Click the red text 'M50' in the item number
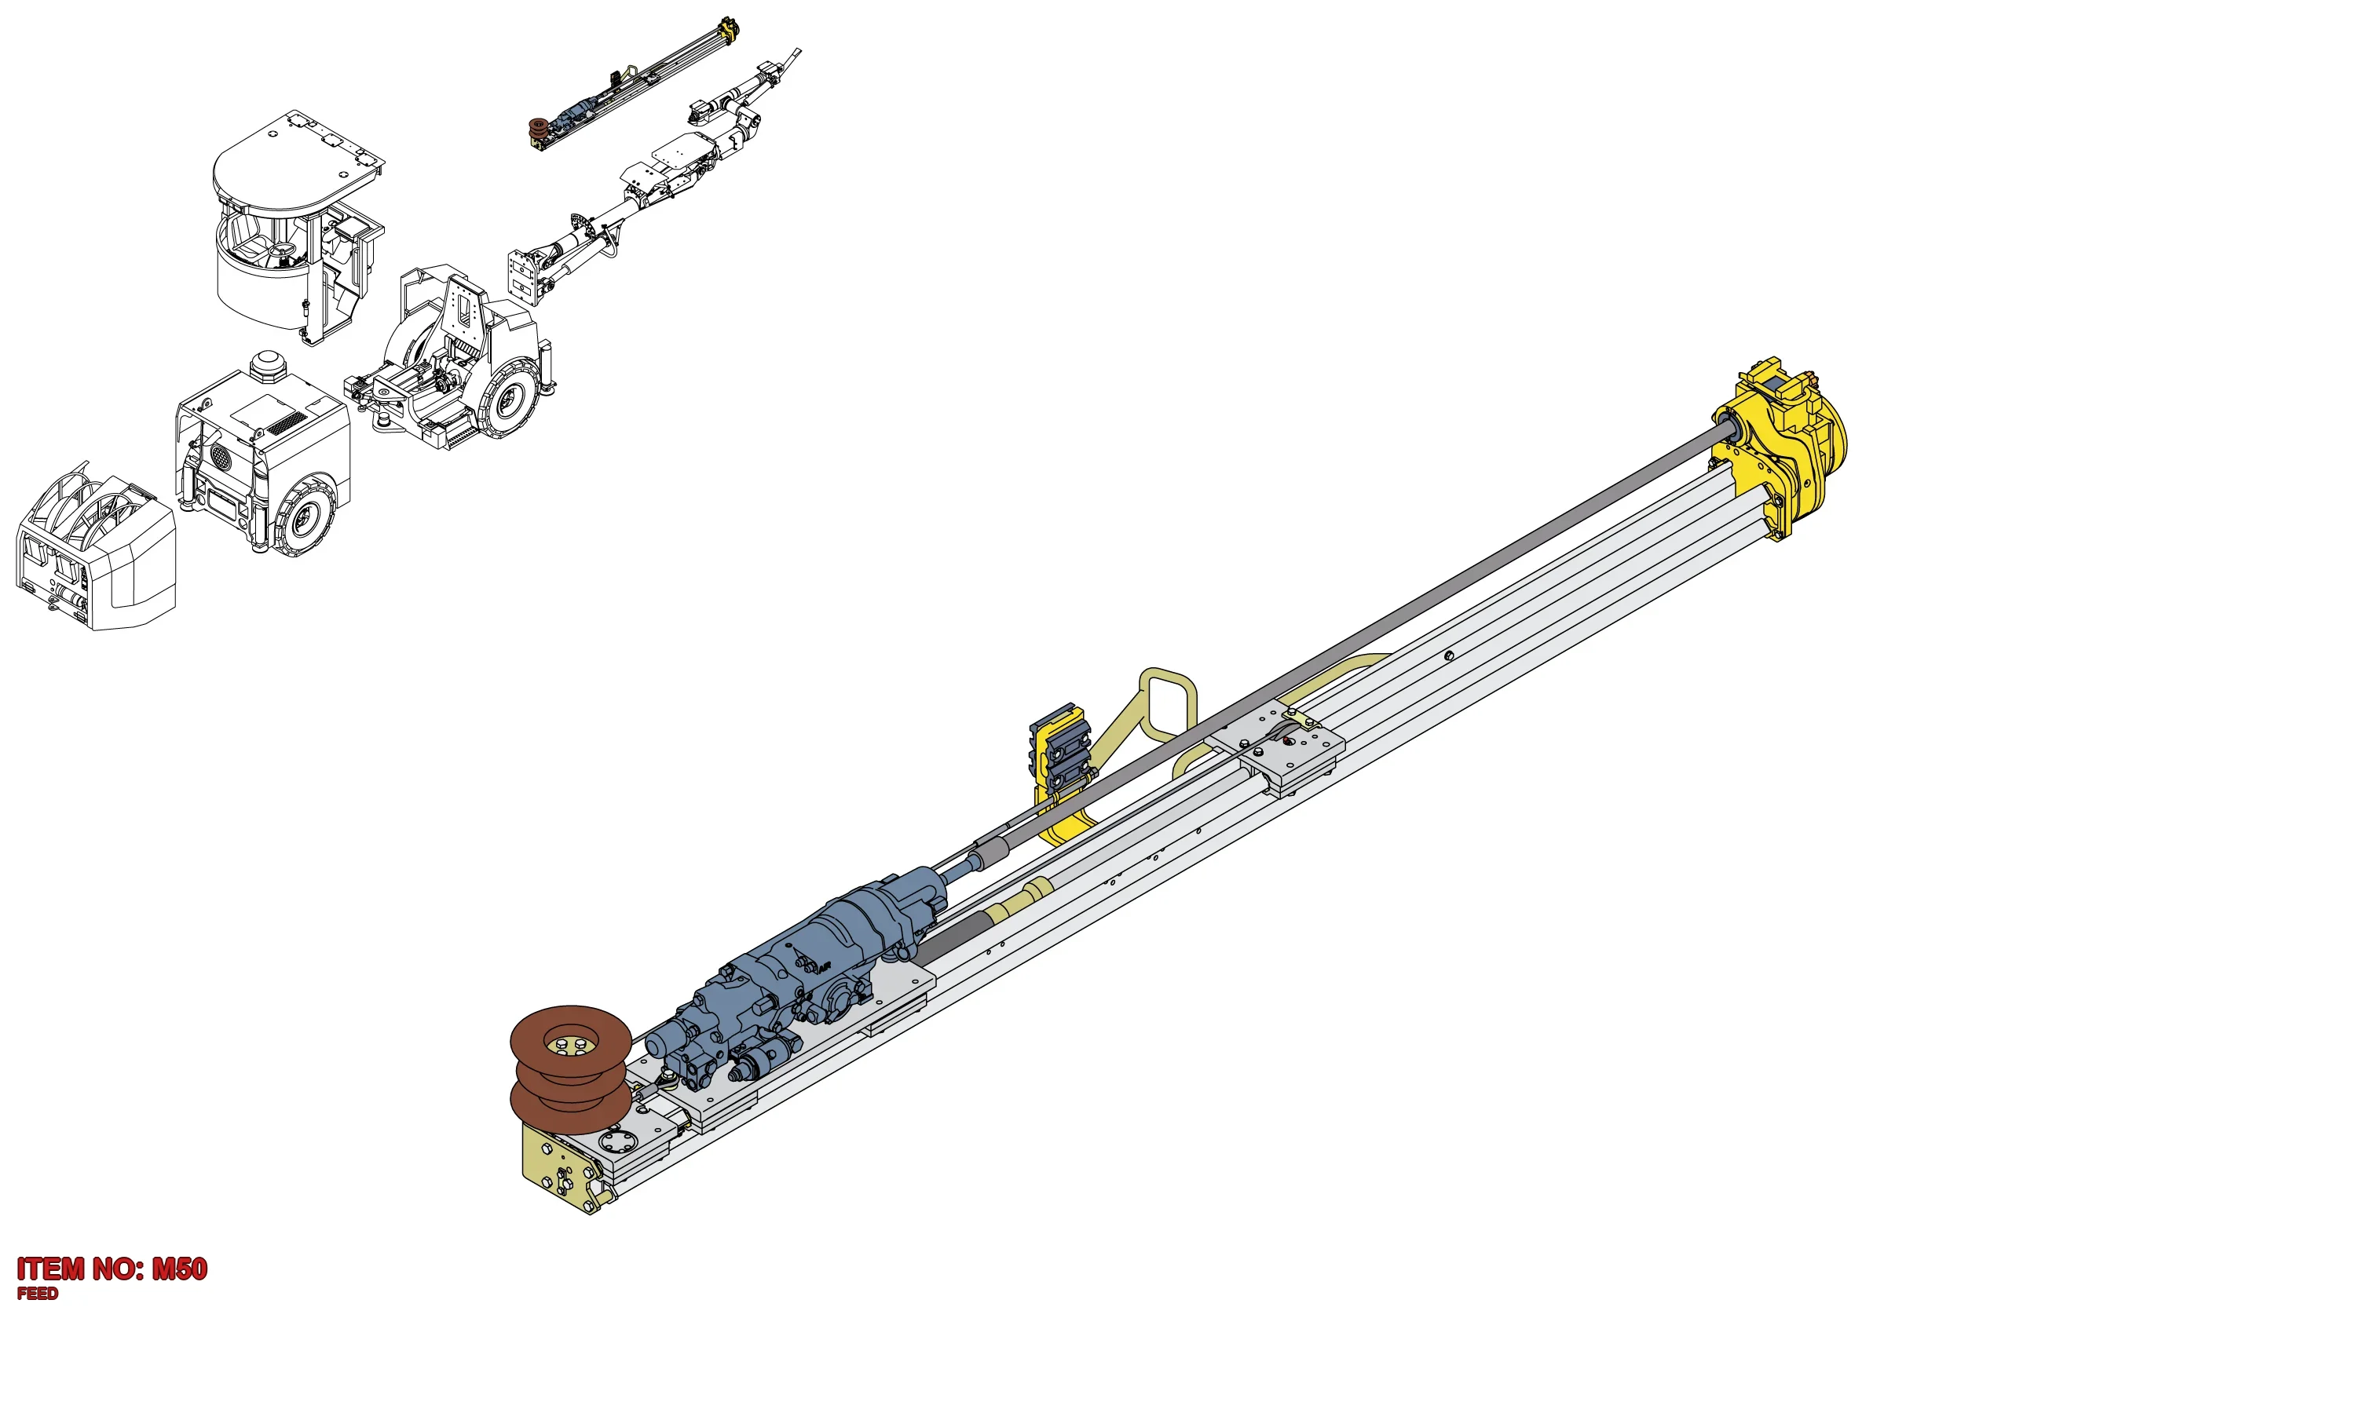[179, 1269]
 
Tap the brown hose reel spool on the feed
[569, 1069]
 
